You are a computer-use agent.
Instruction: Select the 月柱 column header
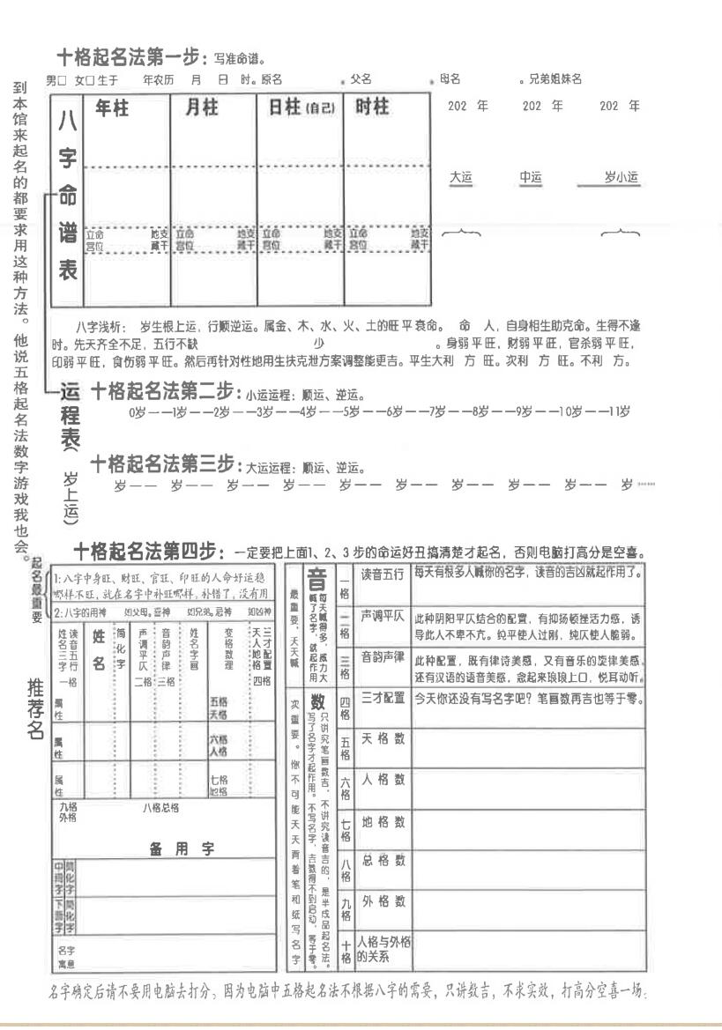tap(201, 107)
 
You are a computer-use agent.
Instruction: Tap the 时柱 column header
tap(372, 107)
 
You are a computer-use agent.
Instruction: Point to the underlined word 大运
tap(461, 178)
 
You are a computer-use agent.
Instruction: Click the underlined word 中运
tap(531, 178)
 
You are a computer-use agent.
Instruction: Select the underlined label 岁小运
tap(622, 178)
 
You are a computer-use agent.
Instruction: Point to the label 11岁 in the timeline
tap(620, 411)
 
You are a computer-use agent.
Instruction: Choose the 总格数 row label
tap(383, 861)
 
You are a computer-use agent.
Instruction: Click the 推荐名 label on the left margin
tap(36, 708)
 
